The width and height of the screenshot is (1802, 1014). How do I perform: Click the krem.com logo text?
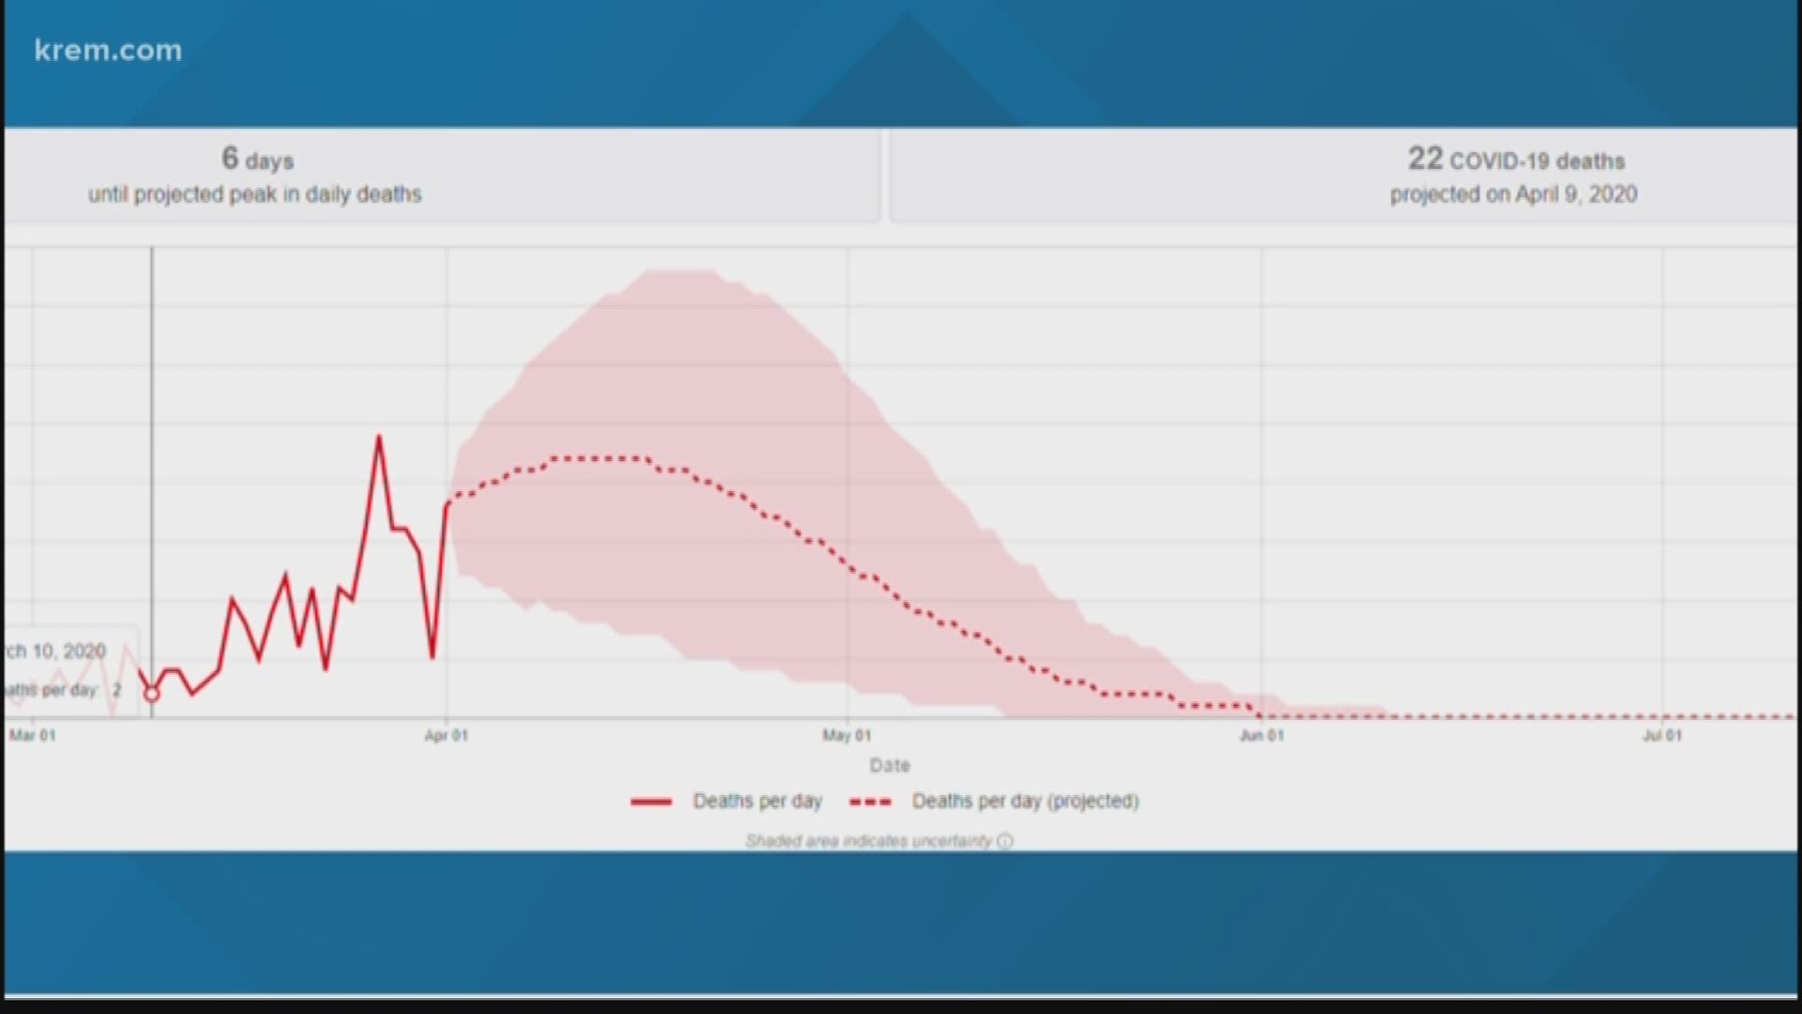coord(108,51)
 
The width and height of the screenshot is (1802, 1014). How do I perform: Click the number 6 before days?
coord(230,158)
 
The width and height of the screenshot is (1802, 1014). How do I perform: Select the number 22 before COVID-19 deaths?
coord(1424,159)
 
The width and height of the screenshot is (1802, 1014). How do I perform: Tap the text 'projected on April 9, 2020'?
coord(1513,194)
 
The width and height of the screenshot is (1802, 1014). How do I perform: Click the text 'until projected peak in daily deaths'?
coord(254,194)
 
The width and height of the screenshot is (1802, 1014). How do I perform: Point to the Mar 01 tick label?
coord(33,735)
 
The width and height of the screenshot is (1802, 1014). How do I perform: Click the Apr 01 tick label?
coord(446,735)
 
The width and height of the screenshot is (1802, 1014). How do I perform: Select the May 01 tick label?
coord(847,735)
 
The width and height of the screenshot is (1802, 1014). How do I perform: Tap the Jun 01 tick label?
coord(1260,735)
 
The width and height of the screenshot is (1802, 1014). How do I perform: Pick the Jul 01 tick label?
coord(1661,735)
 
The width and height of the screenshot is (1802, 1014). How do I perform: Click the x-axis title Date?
coord(889,765)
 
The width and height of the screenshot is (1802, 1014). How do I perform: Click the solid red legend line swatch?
coord(651,802)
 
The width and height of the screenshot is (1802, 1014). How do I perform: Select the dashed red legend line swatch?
coord(869,802)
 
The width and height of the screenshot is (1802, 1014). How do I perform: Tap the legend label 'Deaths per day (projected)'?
coord(1025,801)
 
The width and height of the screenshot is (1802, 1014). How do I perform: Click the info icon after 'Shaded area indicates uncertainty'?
coord(1005,841)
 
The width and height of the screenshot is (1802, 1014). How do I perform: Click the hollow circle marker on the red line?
coord(151,694)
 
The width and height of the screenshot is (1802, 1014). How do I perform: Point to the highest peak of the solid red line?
coord(379,436)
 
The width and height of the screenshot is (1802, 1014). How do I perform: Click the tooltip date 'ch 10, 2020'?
coord(56,651)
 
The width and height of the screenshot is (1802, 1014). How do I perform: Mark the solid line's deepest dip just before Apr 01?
coord(433,656)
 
